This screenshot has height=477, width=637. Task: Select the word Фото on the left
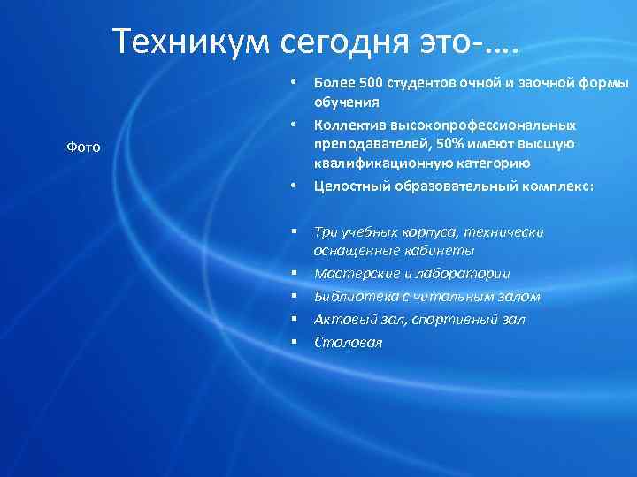[83, 147]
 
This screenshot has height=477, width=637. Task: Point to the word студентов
[423, 83]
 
